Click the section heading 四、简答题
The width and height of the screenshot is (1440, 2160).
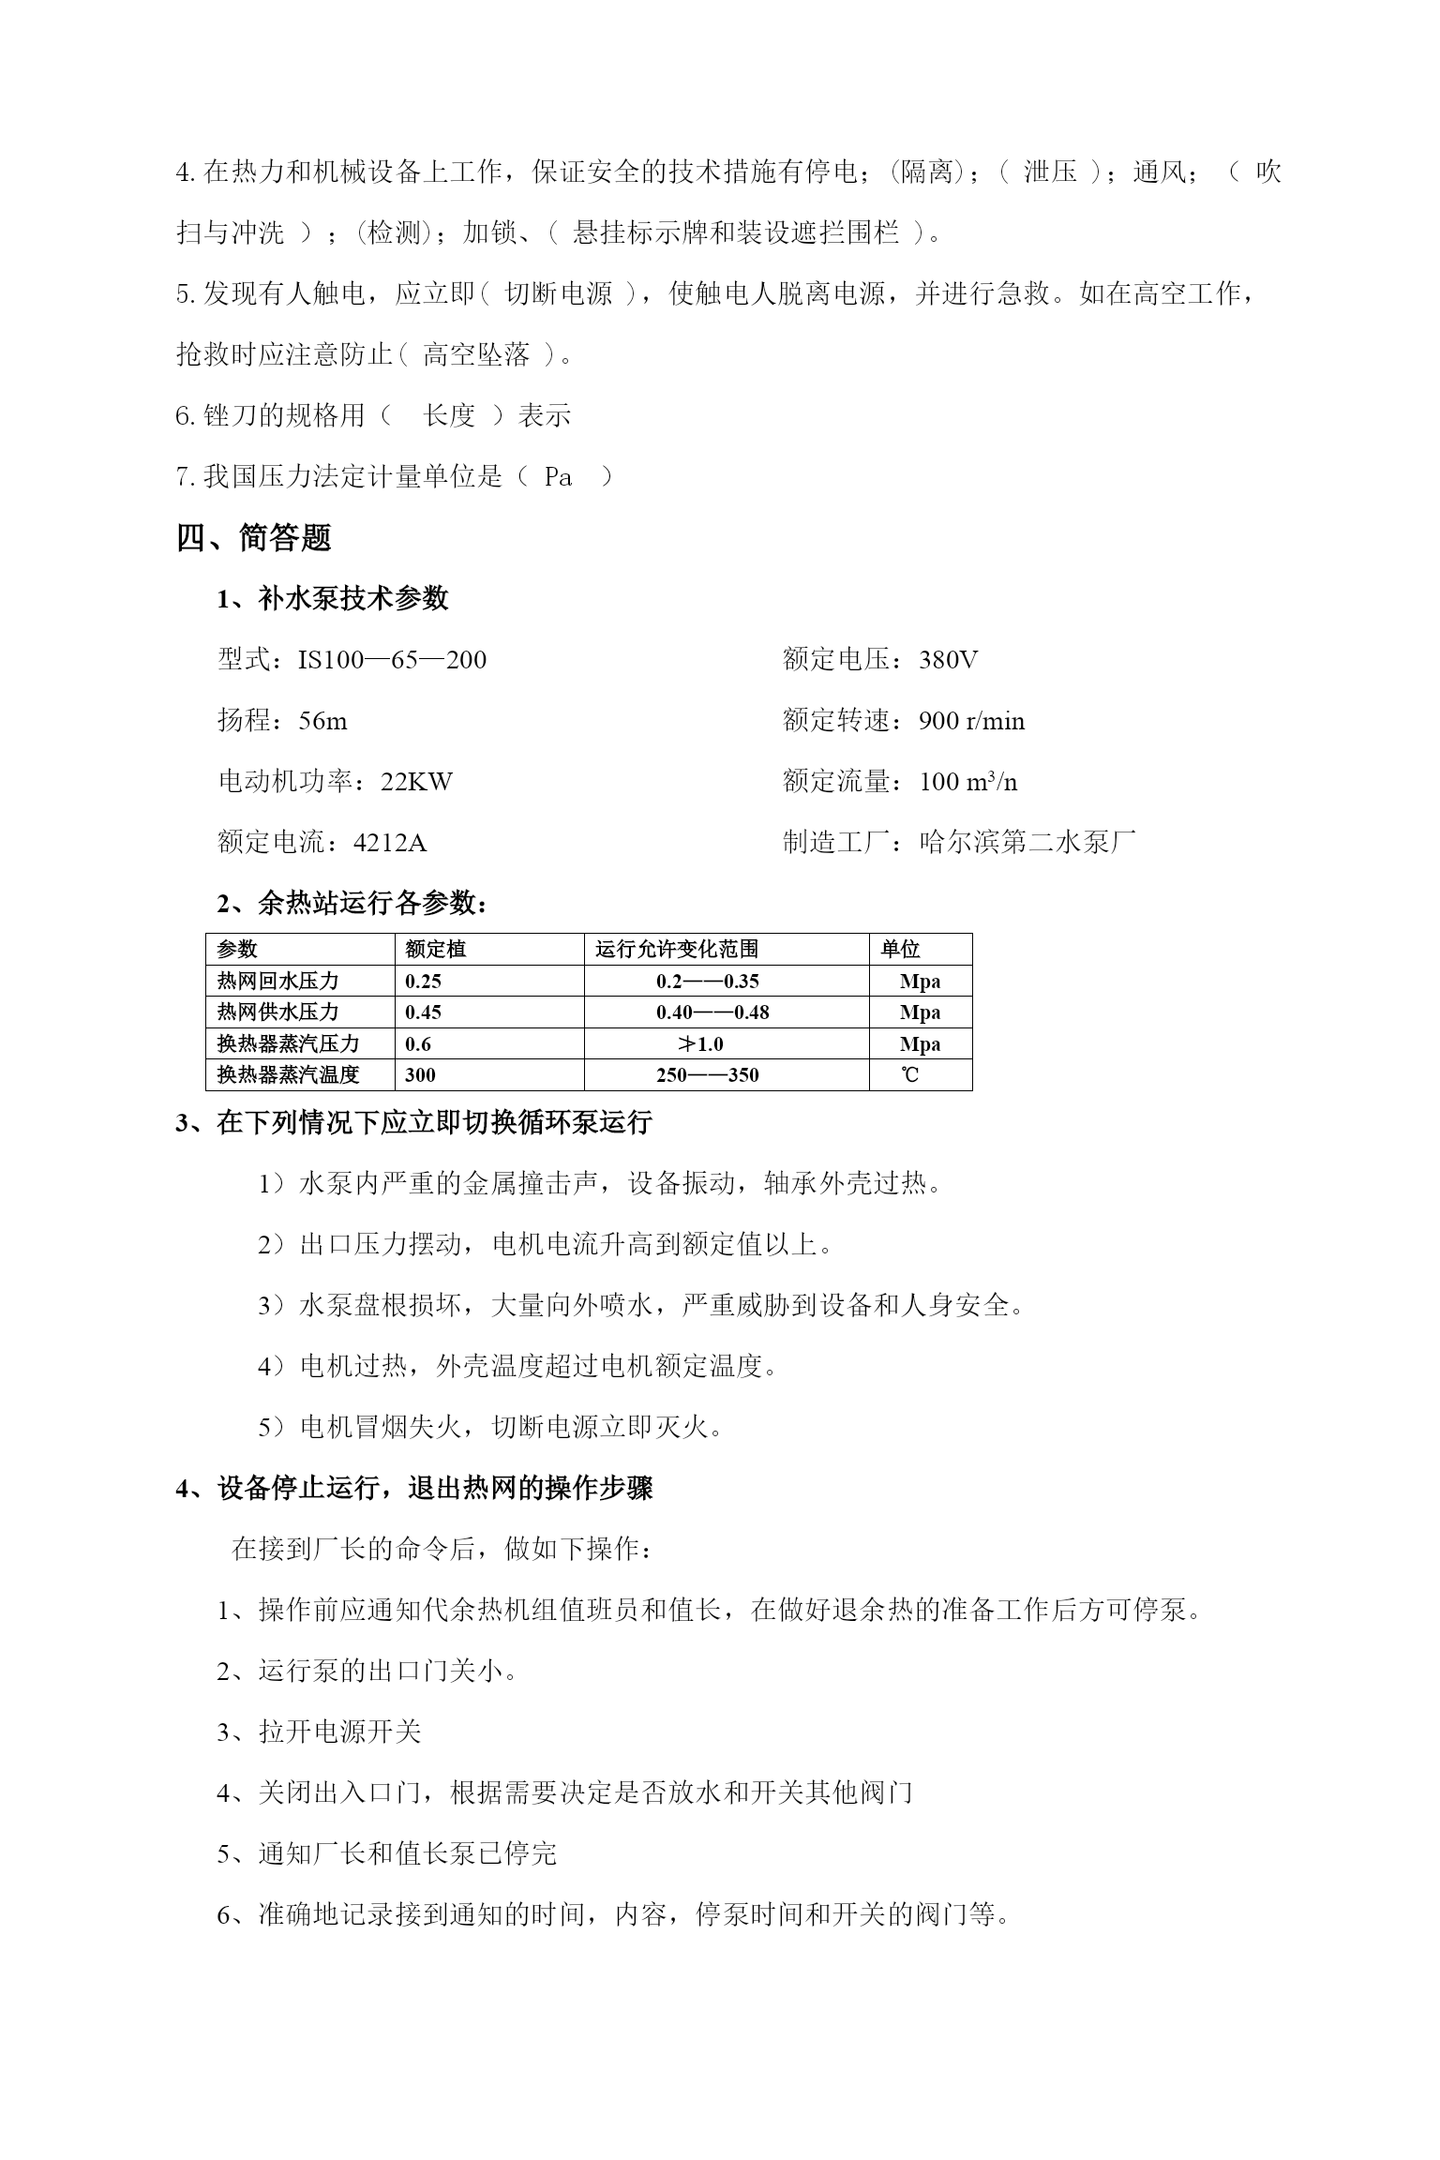tap(254, 538)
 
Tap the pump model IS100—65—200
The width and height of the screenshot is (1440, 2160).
tap(392, 660)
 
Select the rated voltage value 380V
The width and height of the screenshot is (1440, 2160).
tap(948, 660)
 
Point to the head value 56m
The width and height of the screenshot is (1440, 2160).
tap(322, 721)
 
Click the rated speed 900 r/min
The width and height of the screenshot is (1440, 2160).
tap(971, 721)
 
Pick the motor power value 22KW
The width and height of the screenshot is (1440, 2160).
tap(416, 782)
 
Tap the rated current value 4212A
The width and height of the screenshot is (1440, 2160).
tap(389, 843)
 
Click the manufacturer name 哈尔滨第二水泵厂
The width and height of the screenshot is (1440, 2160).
tap(1027, 843)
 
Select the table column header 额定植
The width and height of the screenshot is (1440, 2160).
tap(435, 950)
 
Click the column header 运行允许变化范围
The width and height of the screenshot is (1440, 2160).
tap(677, 950)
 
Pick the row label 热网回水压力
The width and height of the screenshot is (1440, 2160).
tap(277, 982)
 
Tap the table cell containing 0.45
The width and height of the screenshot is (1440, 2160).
tap(423, 1012)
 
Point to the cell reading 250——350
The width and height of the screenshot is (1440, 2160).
tap(707, 1075)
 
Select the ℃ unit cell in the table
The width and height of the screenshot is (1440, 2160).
tap(909, 1075)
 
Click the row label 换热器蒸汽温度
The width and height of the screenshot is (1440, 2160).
tap(288, 1075)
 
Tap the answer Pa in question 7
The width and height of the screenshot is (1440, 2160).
tap(558, 477)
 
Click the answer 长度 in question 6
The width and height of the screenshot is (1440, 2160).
tap(449, 416)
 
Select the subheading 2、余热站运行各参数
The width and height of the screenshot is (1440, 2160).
tap(352, 904)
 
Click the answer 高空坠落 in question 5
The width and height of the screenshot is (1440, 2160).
tap(476, 355)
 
